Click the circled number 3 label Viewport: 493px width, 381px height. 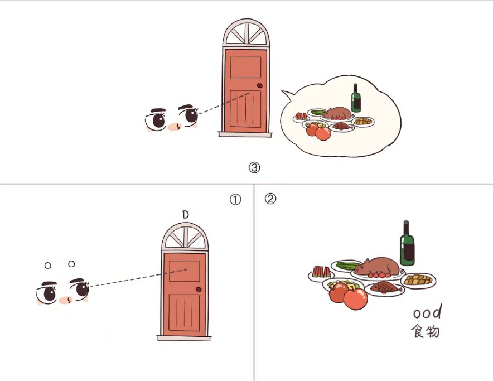(x=254, y=167)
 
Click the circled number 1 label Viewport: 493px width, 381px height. (x=235, y=200)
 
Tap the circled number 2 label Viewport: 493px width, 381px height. (x=270, y=199)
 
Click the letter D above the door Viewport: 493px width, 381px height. (x=186, y=215)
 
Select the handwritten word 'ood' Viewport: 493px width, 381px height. (x=428, y=312)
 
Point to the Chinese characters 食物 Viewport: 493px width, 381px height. (x=425, y=331)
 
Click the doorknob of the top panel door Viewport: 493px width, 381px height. (x=260, y=85)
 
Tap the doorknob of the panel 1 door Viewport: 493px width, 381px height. (x=199, y=289)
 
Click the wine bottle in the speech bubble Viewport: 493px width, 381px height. (x=356, y=98)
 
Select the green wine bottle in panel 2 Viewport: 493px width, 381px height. (x=407, y=243)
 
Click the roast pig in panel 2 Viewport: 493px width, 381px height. (x=376, y=267)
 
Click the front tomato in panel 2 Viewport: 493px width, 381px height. (x=356, y=298)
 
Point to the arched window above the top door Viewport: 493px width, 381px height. (x=246, y=33)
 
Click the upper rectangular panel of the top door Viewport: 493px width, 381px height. (x=245, y=67)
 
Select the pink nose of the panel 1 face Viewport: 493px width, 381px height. (x=65, y=300)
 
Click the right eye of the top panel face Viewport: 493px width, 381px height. (x=190, y=115)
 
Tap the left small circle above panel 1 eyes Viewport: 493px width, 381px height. (x=48, y=266)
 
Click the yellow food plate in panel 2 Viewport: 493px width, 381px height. (x=418, y=279)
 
